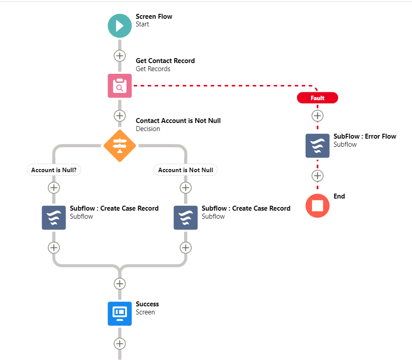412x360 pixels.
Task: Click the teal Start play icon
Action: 120,25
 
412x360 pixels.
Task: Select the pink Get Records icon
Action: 120,85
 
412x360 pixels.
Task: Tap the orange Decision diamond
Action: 120,145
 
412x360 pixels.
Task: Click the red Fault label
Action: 317,98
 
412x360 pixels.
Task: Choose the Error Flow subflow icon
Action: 317,146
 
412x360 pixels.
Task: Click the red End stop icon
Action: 317,206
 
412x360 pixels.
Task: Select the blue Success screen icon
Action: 120,313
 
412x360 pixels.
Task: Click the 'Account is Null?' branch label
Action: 54,170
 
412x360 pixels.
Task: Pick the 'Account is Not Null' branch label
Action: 185,170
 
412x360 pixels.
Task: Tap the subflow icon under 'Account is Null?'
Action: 54,218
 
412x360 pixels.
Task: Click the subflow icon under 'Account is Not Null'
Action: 185,218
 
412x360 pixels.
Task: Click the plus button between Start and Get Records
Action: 120,56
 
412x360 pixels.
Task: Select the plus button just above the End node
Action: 317,176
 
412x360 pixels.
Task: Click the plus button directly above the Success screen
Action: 120,284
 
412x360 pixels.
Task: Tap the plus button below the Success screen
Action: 120,343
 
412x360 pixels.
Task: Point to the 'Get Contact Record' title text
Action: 165,61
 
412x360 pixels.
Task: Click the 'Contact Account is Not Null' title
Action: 178,121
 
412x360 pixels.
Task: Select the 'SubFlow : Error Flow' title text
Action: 365,136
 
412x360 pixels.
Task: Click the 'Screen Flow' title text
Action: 154,17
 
